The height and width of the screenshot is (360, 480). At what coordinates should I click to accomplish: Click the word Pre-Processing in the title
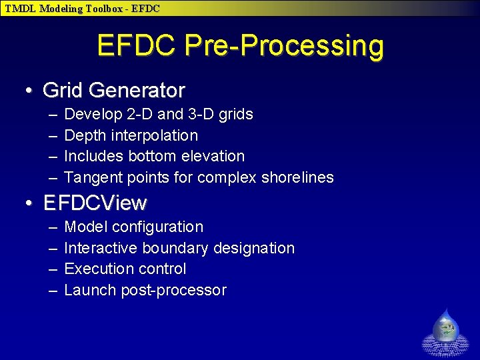click(x=284, y=47)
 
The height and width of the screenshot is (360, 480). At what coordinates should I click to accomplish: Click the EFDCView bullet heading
click(x=95, y=203)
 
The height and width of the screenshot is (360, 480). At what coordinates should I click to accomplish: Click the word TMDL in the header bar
click(x=21, y=9)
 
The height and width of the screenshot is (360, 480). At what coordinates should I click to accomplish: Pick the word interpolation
click(x=155, y=135)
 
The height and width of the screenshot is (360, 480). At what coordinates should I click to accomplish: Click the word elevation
click(x=213, y=156)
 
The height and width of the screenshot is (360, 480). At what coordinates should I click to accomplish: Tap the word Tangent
click(x=91, y=177)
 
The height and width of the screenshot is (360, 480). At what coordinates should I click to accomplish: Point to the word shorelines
click(x=297, y=177)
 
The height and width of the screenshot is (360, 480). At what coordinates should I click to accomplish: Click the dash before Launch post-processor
click(x=52, y=291)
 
